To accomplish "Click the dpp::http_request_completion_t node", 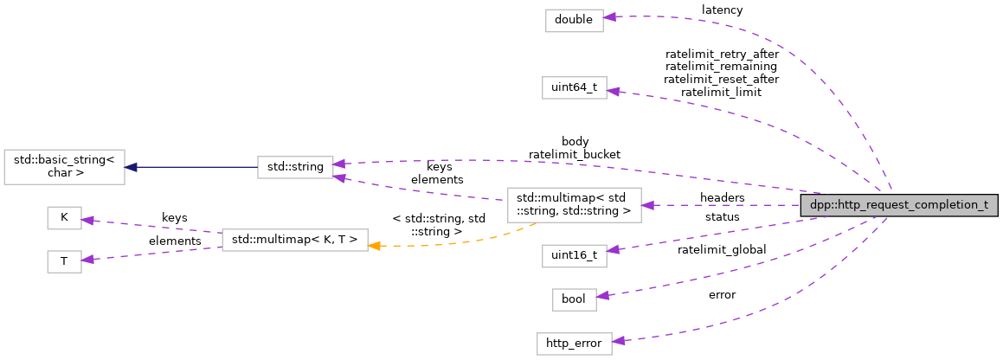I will pos(900,206).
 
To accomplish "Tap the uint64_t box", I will pos(574,88).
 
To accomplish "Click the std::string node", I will pos(294,168).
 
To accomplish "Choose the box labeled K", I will pos(64,218).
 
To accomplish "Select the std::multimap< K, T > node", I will pos(295,240).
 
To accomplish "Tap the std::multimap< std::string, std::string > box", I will pos(574,206).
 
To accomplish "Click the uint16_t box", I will pos(574,255).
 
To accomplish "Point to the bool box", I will pos(574,299).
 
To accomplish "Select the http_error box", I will pos(574,343).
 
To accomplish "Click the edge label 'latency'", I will pos(722,10).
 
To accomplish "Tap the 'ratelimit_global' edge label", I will pos(722,250).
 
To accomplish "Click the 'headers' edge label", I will pos(722,198).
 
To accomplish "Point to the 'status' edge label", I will pos(722,216).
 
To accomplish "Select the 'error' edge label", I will pos(722,295).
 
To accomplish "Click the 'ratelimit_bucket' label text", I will pos(575,154).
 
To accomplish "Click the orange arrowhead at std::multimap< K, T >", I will pos(375,246).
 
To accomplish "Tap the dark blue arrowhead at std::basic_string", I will pos(131,168).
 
